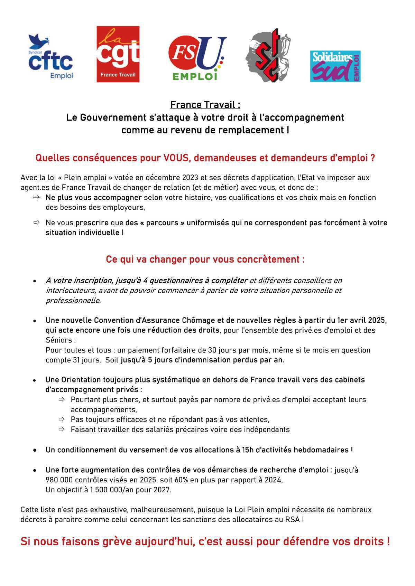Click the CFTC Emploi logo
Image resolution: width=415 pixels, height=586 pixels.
tap(51, 57)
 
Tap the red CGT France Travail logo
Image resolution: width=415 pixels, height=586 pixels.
tap(118, 54)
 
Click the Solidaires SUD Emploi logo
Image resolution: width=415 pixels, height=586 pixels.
tap(335, 66)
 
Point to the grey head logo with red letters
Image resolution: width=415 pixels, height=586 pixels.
tap(268, 55)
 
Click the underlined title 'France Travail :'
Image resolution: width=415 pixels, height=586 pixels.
tap(205, 105)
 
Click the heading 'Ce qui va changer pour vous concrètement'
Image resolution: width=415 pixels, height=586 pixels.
tap(205, 259)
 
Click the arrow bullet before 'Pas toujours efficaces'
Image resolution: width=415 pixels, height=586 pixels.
tap(62, 419)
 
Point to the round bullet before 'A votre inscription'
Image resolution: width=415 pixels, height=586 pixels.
tap(35, 281)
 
